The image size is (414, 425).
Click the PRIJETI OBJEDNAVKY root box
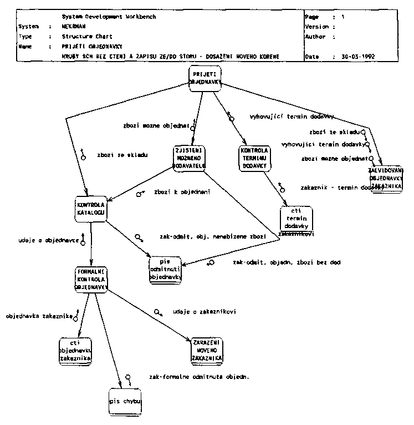[x=205, y=78]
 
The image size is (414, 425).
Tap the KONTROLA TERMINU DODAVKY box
[x=254, y=158]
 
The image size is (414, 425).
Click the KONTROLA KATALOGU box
[x=89, y=209]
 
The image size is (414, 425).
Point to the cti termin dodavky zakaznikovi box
[x=296, y=222]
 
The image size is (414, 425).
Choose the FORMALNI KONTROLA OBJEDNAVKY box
[x=90, y=280]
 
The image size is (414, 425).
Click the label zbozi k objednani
[x=184, y=192]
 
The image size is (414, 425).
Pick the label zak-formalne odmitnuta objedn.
[x=199, y=377]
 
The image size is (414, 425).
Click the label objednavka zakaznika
[x=37, y=316]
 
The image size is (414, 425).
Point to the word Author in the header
[x=315, y=37]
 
